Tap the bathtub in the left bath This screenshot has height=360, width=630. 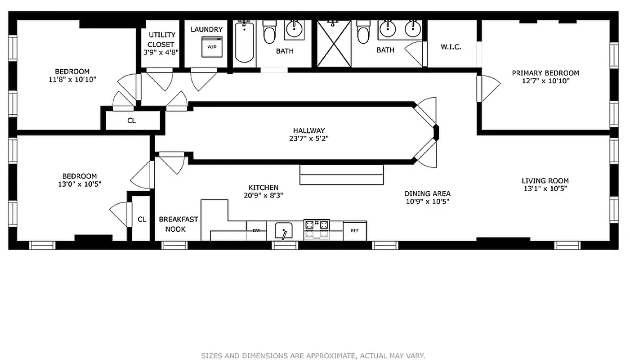pyautogui.click(x=244, y=42)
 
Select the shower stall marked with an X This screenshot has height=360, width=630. pyautogui.click(x=334, y=44)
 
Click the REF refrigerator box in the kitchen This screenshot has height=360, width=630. pyautogui.click(x=354, y=231)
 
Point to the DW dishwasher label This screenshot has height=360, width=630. pyautogui.click(x=256, y=230)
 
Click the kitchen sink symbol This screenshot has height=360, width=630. pyautogui.click(x=283, y=231)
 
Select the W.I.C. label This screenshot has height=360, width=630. pyautogui.click(x=451, y=47)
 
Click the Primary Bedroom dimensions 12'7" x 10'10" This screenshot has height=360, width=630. pyautogui.click(x=545, y=81)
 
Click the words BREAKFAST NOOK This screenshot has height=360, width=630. pyautogui.click(x=178, y=224)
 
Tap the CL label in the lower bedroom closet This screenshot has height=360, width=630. pyautogui.click(x=142, y=220)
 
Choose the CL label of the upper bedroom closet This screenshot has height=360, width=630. pyautogui.click(x=131, y=121)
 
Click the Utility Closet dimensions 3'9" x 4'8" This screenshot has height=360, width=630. pyautogui.click(x=161, y=52)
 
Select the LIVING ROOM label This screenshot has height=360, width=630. pyautogui.click(x=545, y=180)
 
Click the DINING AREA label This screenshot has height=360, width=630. pyautogui.click(x=427, y=193)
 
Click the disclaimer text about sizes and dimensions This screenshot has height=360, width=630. pyautogui.click(x=313, y=355)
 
